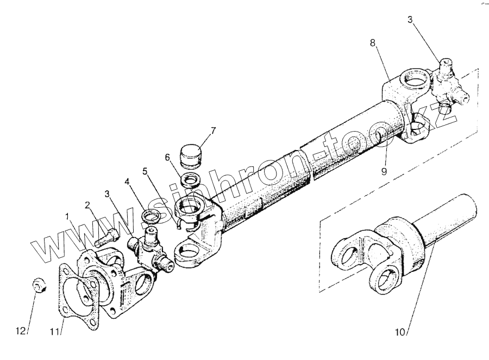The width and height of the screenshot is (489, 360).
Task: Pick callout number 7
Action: click(x=214, y=131)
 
